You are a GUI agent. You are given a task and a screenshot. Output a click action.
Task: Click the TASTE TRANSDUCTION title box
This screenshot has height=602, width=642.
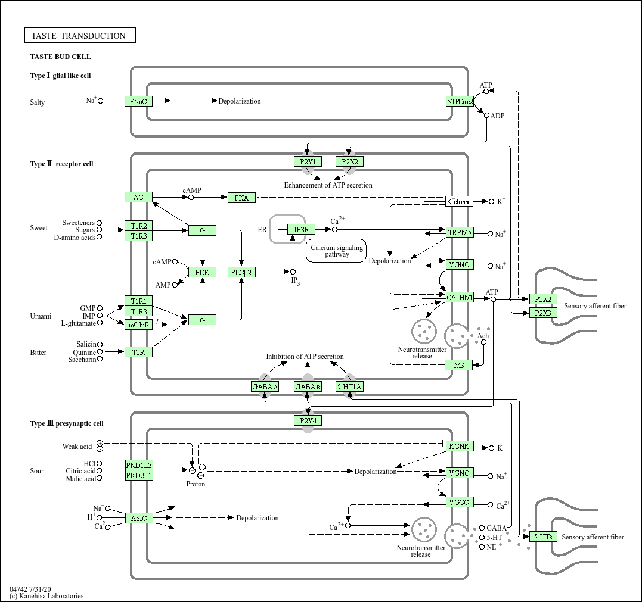click(x=80, y=36)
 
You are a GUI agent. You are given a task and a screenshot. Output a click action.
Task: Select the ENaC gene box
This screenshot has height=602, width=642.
click(x=138, y=101)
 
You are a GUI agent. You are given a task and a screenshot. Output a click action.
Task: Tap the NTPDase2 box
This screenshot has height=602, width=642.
click(x=460, y=101)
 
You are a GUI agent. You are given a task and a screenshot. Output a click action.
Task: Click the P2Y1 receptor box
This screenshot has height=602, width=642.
click(x=308, y=161)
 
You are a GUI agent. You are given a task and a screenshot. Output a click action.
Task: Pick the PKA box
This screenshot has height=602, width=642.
click(x=241, y=197)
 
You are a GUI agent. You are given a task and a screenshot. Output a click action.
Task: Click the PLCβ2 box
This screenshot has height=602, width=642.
click(x=241, y=272)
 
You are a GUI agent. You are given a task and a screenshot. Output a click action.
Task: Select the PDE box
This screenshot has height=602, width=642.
click(x=203, y=272)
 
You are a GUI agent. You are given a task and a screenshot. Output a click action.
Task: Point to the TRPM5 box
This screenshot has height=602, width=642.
click(x=460, y=232)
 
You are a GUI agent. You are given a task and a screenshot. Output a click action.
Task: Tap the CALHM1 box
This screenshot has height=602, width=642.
click(x=460, y=297)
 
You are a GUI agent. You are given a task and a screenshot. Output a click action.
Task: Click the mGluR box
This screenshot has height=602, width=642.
click(x=138, y=324)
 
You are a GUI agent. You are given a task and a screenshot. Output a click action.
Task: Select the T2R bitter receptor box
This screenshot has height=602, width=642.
click(x=138, y=352)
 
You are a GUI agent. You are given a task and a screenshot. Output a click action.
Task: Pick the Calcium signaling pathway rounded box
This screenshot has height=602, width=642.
click(x=337, y=251)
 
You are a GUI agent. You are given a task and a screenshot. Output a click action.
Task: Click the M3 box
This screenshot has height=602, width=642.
click(x=459, y=365)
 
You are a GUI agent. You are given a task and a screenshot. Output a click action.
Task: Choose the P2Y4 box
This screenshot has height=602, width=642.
click(x=308, y=420)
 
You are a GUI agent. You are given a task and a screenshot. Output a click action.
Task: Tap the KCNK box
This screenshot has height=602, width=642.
click(x=460, y=446)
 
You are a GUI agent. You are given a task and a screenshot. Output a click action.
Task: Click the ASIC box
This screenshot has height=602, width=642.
click(x=138, y=518)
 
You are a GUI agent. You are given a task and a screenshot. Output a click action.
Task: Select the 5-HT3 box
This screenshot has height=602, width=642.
click(x=543, y=537)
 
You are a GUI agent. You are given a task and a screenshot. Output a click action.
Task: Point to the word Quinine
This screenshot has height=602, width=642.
click(x=85, y=352)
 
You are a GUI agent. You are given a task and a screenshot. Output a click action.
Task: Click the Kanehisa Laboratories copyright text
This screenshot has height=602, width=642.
click(x=46, y=596)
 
